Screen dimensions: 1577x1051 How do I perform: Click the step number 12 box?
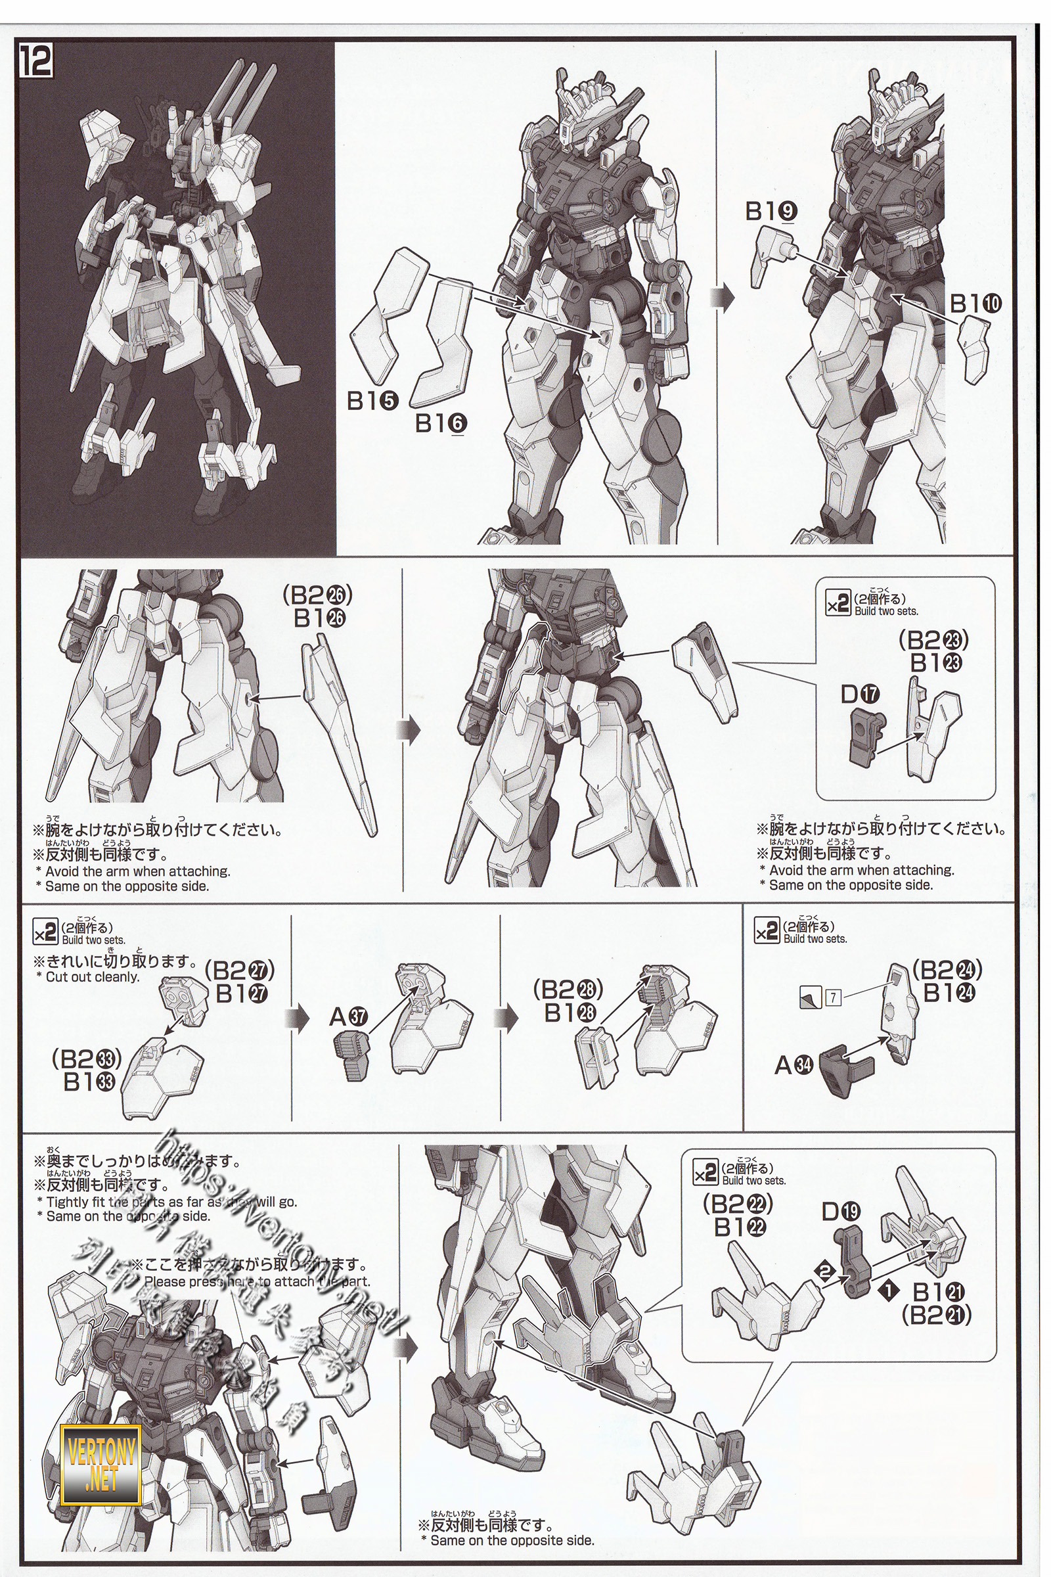[x=35, y=62]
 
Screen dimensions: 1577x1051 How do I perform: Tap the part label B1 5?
[x=372, y=400]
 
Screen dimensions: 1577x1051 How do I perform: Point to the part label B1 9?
[x=771, y=212]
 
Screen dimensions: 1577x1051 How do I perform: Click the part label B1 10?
[x=975, y=304]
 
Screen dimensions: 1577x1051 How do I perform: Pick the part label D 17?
[x=861, y=694]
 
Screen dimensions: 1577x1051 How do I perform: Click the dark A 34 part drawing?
[x=847, y=1070]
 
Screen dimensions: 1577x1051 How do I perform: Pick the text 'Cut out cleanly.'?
[x=93, y=977]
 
